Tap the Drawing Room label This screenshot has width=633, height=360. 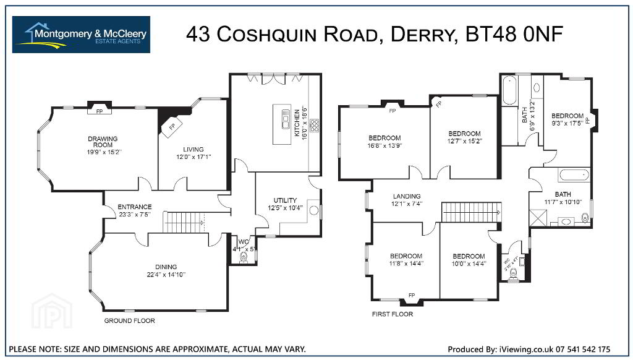coord(103,142)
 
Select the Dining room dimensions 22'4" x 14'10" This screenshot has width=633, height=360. coord(166,274)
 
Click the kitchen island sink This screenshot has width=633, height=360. coord(286,119)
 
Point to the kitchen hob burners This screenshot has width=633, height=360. coord(314,126)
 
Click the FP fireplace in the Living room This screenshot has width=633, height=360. coord(172,126)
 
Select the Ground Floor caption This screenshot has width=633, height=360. coord(129,320)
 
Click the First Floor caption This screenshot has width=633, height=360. coord(392,314)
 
